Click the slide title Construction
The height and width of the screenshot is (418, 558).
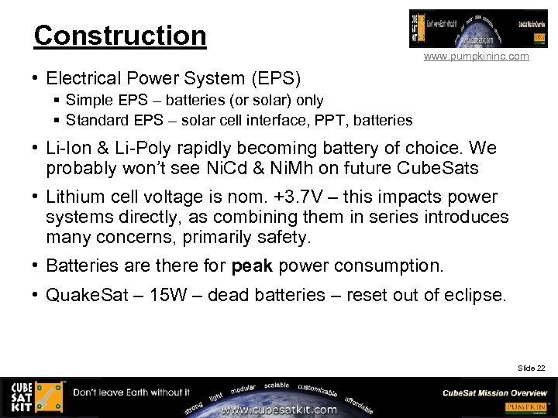tap(120, 36)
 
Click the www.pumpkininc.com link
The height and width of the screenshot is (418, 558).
tap(477, 57)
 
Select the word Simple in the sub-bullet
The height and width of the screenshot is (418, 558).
tap(88, 100)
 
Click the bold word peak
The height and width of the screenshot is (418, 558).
tap(252, 266)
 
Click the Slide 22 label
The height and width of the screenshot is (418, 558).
tap(532, 368)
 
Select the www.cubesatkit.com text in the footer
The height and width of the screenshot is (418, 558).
tap(279, 409)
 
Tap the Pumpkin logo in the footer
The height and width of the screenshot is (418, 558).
tap(528, 407)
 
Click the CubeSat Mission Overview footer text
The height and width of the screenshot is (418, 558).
tap(494, 392)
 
